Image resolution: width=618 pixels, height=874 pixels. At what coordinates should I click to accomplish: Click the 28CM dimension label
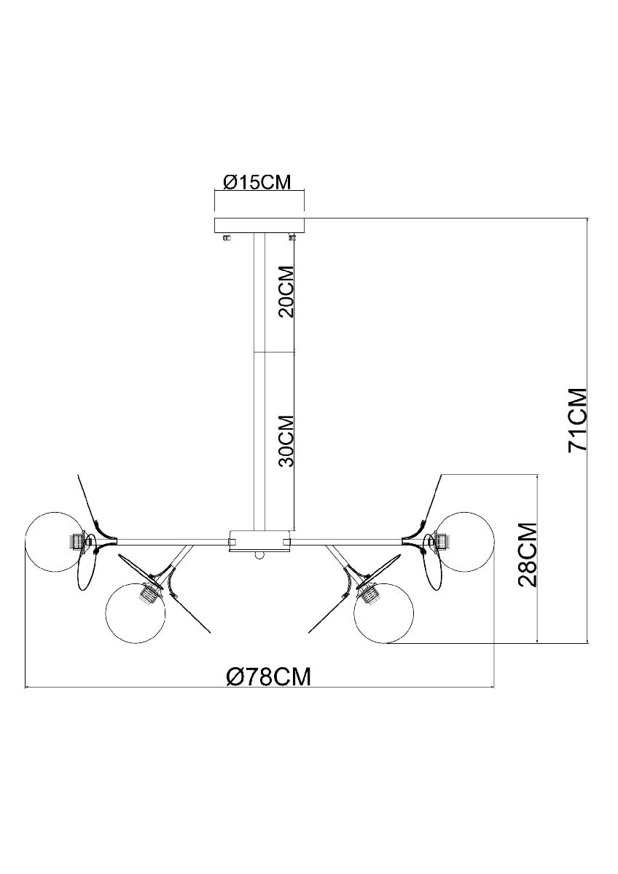click(x=527, y=554)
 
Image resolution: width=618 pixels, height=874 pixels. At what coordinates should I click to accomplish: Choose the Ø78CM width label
click(x=267, y=677)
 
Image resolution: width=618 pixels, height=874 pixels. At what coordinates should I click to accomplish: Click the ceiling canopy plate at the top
click(x=259, y=225)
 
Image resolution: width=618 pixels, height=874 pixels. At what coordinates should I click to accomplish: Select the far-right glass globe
click(x=466, y=540)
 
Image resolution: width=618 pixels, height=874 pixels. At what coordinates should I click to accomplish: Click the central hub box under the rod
click(x=259, y=540)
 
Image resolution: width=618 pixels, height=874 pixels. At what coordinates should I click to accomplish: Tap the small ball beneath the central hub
click(x=259, y=555)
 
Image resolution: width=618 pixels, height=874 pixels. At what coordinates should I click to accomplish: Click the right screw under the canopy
click(x=292, y=236)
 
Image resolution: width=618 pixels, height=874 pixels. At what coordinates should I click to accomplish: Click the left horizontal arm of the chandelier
click(x=171, y=540)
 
